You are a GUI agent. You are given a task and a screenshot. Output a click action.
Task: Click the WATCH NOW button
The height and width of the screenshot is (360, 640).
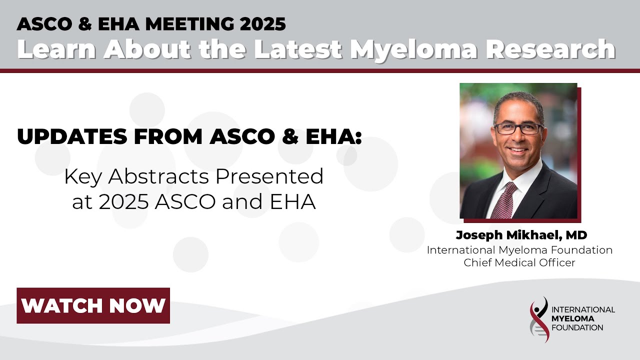point(93,305)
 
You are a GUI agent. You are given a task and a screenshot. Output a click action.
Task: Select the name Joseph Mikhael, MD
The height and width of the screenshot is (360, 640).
point(521,235)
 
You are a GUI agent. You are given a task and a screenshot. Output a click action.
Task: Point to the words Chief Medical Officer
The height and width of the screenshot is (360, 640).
point(519,262)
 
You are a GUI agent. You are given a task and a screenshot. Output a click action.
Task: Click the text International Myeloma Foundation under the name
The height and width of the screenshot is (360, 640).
point(519,250)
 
